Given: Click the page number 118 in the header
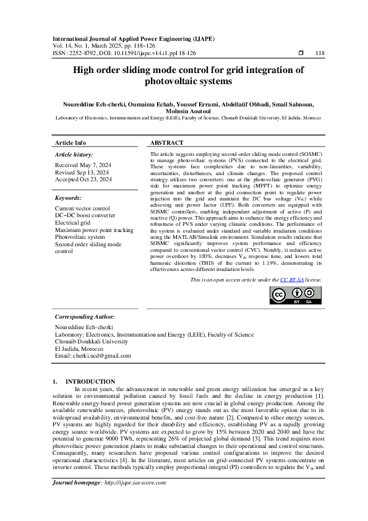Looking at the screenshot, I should [320, 53].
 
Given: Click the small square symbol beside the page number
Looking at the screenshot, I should [300, 53].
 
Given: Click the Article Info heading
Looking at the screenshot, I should [71, 142].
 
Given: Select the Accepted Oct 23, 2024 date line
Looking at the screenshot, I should [83, 179].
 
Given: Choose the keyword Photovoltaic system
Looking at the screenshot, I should [80, 237].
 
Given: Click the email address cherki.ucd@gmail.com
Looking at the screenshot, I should [93, 356].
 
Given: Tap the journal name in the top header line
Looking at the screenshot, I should [133, 38].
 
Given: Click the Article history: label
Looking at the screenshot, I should [74, 154].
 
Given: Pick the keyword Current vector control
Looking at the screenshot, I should [82, 209].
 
